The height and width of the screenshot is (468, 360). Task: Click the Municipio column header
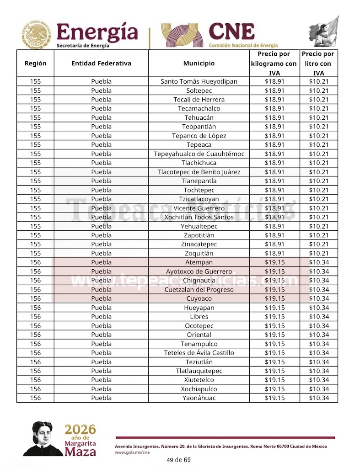coord(199,64)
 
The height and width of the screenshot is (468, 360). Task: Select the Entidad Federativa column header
coord(101,64)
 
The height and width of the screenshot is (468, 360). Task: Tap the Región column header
coord(35,64)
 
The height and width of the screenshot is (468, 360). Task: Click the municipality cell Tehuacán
coord(199,117)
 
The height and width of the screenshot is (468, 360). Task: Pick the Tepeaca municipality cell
coord(199,145)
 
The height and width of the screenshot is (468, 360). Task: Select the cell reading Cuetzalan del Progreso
coord(199,290)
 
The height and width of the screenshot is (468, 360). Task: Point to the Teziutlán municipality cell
coord(199,362)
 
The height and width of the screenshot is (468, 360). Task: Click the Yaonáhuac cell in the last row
coord(199,398)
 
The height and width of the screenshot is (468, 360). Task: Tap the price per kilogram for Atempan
coord(274,262)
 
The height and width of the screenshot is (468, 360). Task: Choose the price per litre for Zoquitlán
coord(319,253)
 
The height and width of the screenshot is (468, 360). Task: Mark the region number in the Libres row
coord(35,317)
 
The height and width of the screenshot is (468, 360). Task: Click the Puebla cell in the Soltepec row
coord(101,90)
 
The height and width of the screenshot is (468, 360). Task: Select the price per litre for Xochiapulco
coord(319,389)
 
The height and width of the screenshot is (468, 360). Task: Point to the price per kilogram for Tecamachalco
coord(274,109)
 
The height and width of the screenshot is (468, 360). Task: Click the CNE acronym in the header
coord(231,32)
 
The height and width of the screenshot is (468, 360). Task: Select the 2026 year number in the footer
coord(81,429)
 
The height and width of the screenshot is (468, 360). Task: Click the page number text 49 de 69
coord(179,460)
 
